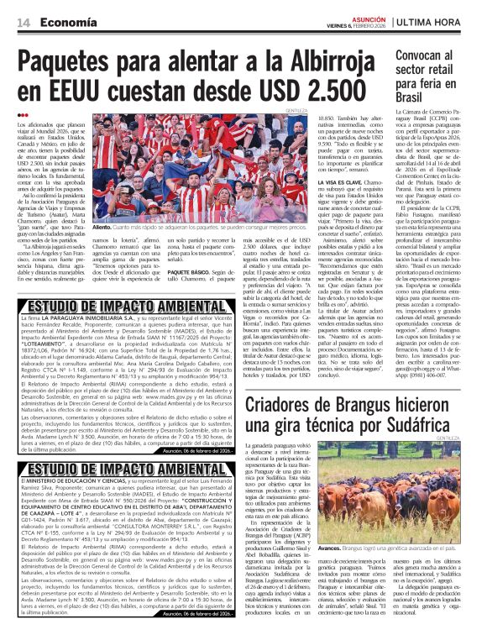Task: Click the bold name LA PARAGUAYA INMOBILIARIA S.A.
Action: [80, 320]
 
